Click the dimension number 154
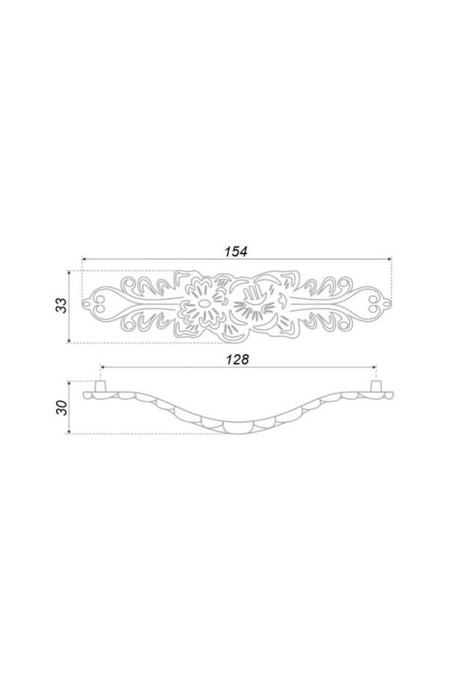(x=236, y=251)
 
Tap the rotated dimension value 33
(x=62, y=305)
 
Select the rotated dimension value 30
(x=62, y=408)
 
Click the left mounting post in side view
(x=100, y=386)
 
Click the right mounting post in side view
(x=376, y=386)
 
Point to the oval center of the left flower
(x=204, y=304)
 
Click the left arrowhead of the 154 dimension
(x=85, y=259)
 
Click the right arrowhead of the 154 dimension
(x=389, y=259)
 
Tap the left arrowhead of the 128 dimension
(x=103, y=367)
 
